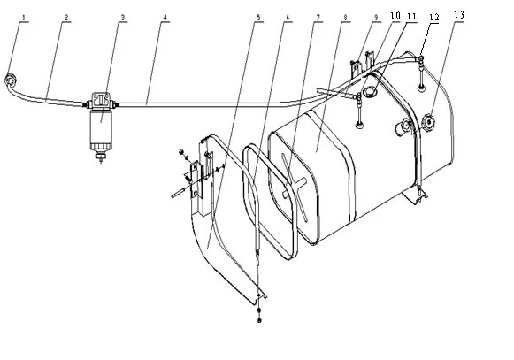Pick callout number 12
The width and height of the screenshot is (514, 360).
click(x=433, y=16)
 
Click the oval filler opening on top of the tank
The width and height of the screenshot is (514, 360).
click(x=370, y=88)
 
